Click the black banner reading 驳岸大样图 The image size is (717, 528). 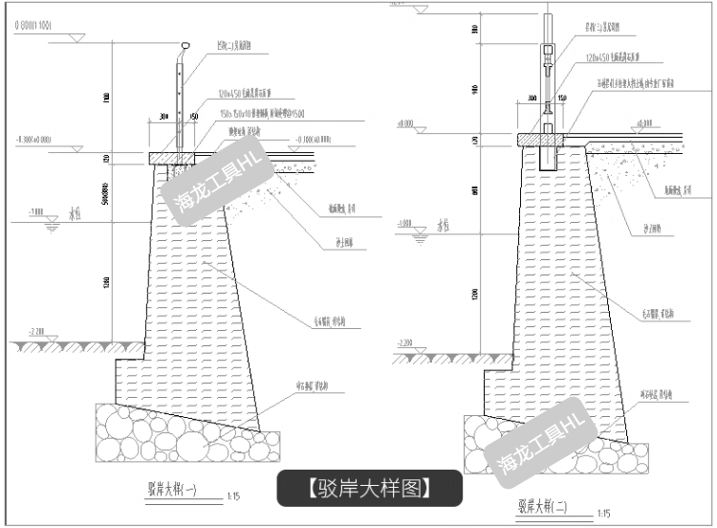pos(370,488)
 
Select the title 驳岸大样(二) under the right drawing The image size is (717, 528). pos(542,506)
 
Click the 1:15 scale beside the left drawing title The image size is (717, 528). pos(234,497)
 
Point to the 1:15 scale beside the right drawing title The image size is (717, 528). pos(603,514)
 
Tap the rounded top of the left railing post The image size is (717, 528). pos(184,45)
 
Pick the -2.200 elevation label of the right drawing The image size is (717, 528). pos(402,343)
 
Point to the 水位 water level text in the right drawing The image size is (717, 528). pos(444,227)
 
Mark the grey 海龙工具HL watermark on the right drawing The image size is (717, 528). pos(540,439)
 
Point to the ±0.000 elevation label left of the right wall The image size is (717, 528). pos(405,124)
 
